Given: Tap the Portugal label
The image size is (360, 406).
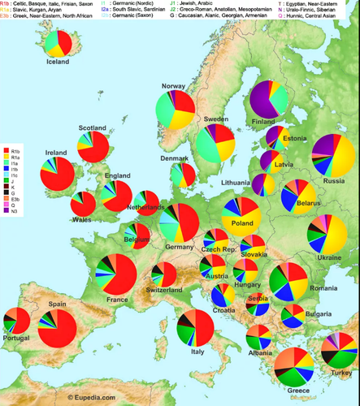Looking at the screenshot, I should [x=17, y=337].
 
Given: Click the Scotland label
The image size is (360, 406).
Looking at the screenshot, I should [x=93, y=128].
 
